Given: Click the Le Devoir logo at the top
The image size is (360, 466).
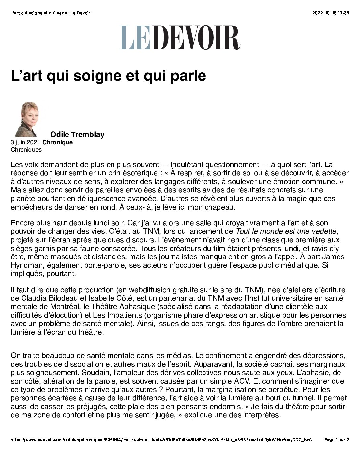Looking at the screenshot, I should (x=180, y=38).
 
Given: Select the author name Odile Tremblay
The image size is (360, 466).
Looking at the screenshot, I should (x=77, y=134).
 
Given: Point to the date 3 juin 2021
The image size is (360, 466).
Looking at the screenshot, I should (x=25, y=142).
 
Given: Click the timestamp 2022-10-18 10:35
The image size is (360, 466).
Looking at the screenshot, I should (x=331, y=13).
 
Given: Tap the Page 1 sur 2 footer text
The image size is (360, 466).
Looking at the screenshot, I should (x=337, y=440).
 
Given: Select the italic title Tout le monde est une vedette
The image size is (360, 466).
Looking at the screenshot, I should (x=286, y=231).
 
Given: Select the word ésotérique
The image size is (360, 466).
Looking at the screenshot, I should (x=139, y=173).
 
